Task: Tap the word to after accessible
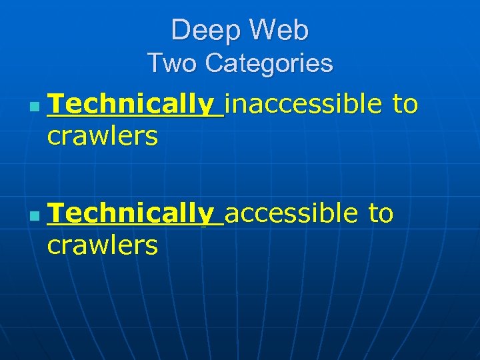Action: point(381,214)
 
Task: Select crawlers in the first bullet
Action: point(103,137)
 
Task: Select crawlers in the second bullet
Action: point(103,246)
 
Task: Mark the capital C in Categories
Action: point(215,64)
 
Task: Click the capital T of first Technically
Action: point(56,105)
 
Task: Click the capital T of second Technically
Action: point(56,214)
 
